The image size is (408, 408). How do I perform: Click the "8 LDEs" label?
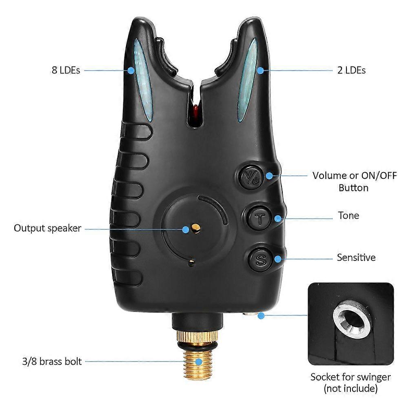click(x=66, y=70)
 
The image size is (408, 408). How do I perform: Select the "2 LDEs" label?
click(x=351, y=70)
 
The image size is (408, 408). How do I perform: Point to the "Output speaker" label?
click(x=48, y=228)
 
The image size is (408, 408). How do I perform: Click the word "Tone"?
click(x=348, y=215)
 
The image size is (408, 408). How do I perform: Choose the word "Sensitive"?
click(x=356, y=257)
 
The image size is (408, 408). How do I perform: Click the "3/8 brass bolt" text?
click(x=52, y=361)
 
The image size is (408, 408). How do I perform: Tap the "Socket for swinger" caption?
click(x=350, y=377)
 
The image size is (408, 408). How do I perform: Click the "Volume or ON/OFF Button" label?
click(x=355, y=182)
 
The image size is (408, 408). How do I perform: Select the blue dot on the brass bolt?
click(x=199, y=361)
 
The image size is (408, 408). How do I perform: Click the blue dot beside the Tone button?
click(x=278, y=219)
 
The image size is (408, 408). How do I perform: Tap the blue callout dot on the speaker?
click(x=186, y=229)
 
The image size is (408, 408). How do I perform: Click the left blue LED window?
click(x=142, y=80)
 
